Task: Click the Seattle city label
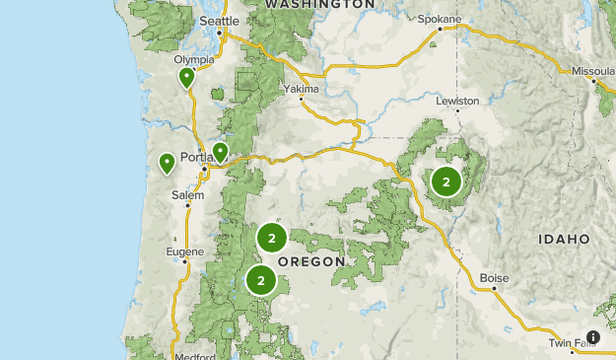[219, 21]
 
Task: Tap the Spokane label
[440, 19]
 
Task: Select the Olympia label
[194, 59]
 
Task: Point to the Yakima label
[301, 89]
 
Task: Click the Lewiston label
[458, 101]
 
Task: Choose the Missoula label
[593, 71]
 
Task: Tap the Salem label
[187, 195]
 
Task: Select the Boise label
[494, 278]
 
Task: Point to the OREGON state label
[311, 261]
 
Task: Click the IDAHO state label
[564, 239]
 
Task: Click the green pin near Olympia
[186, 78]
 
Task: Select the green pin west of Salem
[168, 162]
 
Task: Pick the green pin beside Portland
[220, 152]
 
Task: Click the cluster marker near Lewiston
[446, 181]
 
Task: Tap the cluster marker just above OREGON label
[271, 238]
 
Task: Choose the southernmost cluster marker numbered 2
[261, 280]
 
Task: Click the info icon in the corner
[593, 337]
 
